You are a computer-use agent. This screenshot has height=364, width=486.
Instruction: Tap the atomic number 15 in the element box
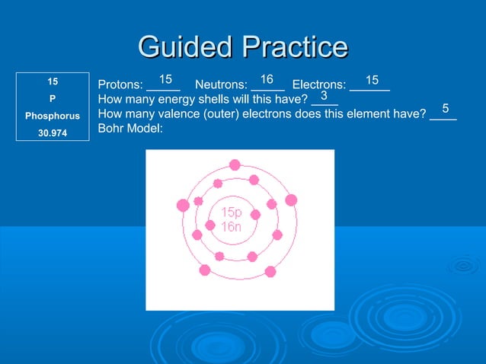(x=53, y=80)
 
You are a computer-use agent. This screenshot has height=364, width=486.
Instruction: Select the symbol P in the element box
(x=53, y=98)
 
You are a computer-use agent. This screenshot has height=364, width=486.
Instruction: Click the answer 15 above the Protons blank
(x=165, y=79)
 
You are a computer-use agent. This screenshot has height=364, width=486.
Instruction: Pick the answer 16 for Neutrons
(x=267, y=79)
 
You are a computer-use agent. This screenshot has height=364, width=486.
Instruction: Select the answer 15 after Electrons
(x=372, y=79)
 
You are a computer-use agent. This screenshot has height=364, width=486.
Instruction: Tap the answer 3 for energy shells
(x=324, y=96)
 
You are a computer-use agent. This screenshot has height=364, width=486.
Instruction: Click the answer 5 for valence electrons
(x=446, y=110)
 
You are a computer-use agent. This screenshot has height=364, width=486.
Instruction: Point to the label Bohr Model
(x=131, y=128)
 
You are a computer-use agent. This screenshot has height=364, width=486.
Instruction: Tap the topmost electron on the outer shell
(x=235, y=164)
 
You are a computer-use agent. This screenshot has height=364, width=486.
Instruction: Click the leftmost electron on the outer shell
(x=183, y=205)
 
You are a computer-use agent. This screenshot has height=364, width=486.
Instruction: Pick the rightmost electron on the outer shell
(x=290, y=200)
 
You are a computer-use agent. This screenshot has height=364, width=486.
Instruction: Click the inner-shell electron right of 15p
(x=256, y=215)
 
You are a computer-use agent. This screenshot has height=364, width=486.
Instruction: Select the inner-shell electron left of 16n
(x=210, y=225)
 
